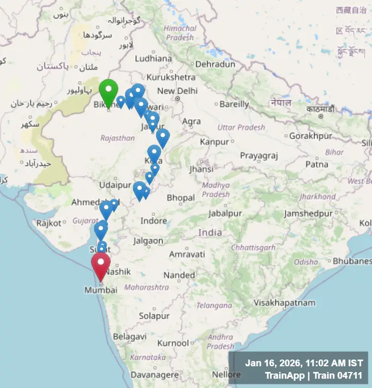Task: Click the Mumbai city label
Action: [101, 290]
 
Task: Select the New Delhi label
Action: [177, 91]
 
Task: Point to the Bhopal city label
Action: [180, 198]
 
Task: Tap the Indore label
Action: [154, 221]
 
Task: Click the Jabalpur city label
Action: [225, 213]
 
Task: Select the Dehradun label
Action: [214, 65]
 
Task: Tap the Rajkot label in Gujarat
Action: [49, 223]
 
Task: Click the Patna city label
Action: [316, 165]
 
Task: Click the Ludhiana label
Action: [153, 58]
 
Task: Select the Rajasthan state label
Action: [118, 138]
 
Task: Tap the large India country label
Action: [210, 233]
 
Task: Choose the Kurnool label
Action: [173, 343]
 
